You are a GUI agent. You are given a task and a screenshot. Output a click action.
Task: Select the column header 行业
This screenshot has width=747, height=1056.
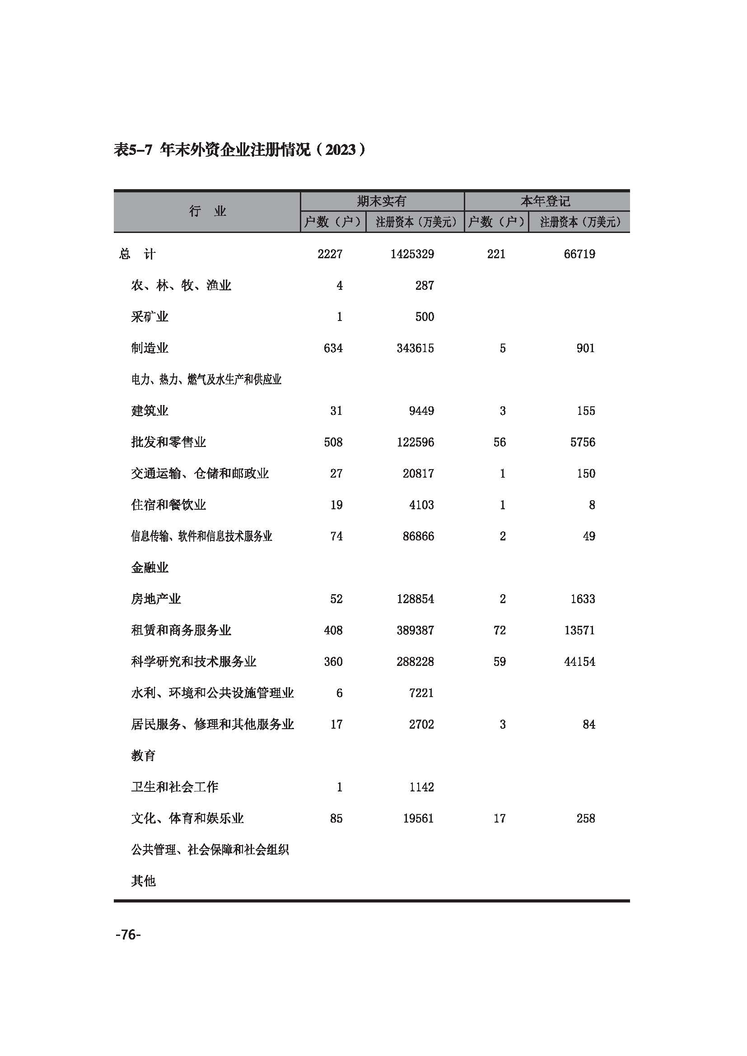click(207, 212)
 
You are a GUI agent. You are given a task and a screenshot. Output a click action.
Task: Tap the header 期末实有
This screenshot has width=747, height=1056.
click(382, 201)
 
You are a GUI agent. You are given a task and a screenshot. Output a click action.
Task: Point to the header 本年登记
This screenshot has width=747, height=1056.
click(546, 201)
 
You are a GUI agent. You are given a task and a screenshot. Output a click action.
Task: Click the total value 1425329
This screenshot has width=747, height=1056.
click(412, 254)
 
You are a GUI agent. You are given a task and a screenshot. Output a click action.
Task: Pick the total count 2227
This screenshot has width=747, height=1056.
click(330, 254)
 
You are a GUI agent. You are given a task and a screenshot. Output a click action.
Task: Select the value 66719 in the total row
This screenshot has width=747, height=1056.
click(579, 254)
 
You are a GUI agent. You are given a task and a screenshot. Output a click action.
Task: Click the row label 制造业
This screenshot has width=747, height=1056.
click(149, 348)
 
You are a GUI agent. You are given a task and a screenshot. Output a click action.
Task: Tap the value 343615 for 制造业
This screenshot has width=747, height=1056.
click(415, 348)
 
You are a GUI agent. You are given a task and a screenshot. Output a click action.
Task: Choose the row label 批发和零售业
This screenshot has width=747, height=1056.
click(168, 442)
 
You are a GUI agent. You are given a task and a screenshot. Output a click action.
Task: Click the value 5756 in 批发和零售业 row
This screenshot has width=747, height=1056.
click(582, 442)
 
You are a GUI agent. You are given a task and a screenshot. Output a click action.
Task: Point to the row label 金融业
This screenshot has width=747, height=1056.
click(149, 568)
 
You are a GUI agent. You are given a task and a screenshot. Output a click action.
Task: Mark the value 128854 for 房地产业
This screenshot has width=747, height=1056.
click(415, 599)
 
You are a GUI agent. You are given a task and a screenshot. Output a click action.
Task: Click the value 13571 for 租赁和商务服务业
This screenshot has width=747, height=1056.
click(579, 630)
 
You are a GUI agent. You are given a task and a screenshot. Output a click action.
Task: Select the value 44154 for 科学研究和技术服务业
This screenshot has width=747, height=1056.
click(579, 661)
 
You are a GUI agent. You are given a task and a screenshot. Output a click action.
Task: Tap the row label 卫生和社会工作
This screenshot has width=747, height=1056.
click(174, 787)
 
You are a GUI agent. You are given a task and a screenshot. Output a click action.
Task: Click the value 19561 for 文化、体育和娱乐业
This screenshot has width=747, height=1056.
click(418, 818)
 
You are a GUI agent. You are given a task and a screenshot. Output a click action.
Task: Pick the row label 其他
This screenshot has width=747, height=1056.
click(143, 881)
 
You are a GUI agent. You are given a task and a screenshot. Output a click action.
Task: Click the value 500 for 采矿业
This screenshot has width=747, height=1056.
click(424, 317)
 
